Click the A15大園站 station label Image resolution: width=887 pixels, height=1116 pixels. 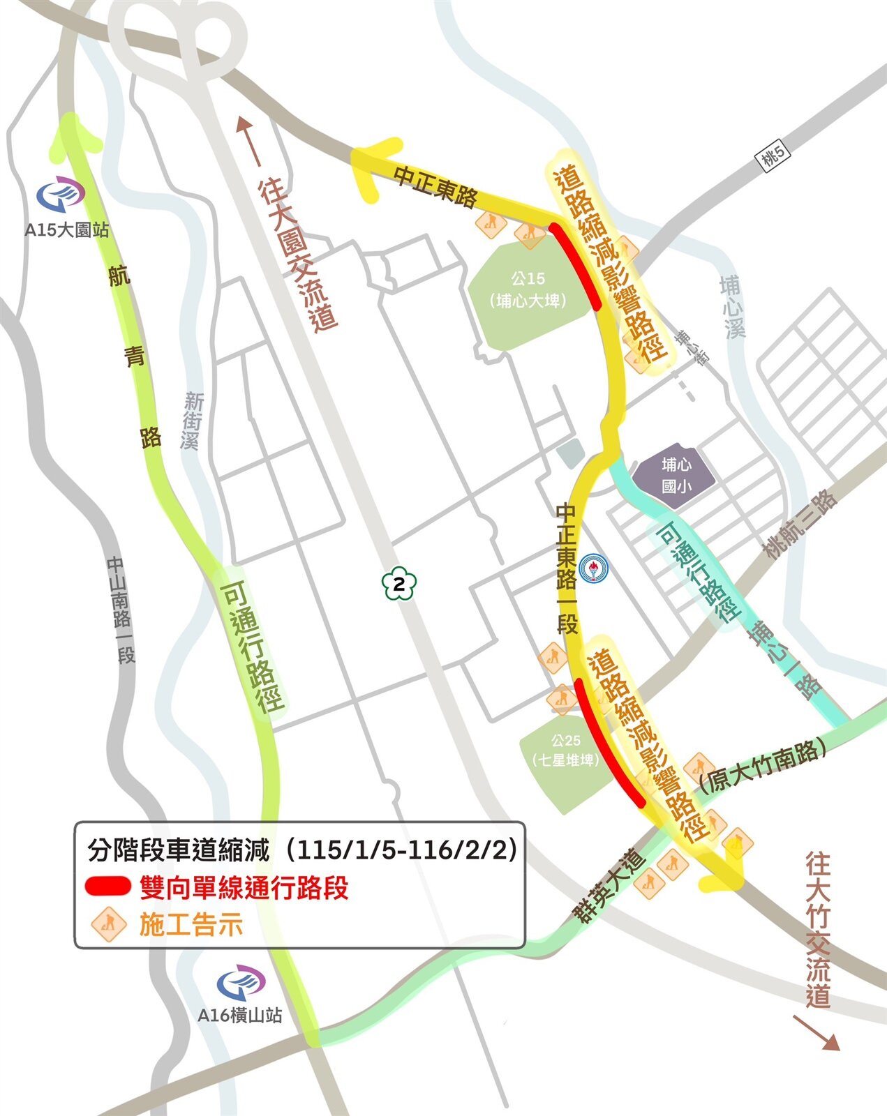tap(67, 229)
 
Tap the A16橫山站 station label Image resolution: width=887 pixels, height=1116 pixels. tap(239, 1015)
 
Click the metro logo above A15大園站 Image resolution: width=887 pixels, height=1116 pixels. tap(61, 196)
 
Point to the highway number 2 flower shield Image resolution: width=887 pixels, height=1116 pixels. tap(398, 585)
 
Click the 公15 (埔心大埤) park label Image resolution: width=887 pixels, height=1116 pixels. tap(528, 289)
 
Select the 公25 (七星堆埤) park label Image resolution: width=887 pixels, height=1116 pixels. tap(565, 750)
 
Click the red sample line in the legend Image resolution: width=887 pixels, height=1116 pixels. tap(107, 887)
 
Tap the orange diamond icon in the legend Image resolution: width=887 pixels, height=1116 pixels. tap(108, 925)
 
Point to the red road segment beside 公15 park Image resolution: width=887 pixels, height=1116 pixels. tap(576, 266)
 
